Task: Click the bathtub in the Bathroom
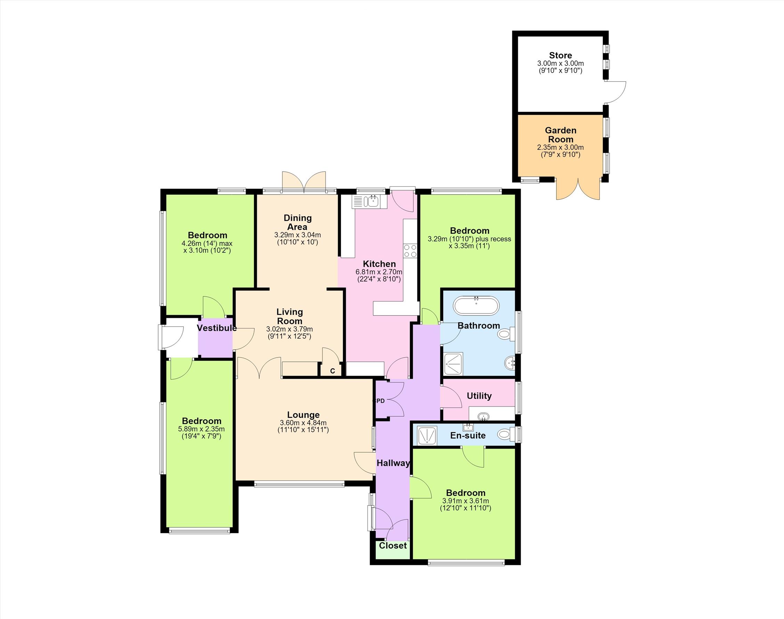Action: click(x=476, y=306)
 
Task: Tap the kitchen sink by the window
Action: click(x=369, y=201)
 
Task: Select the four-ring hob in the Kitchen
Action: click(x=410, y=250)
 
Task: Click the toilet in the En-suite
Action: click(x=506, y=434)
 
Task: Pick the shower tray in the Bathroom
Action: click(x=454, y=364)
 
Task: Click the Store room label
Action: click(x=561, y=56)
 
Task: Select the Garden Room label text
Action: click(x=561, y=135)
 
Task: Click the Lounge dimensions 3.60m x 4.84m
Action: click(x=303, y=423)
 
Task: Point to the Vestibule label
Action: click(x=217, y=328)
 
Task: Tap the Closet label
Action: click(x=393, y=545)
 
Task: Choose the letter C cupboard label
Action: click(x=333, y=371)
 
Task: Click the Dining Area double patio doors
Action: click(x=304, y=180)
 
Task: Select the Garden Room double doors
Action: click(x=578, y=189)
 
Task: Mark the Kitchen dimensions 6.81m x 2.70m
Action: click(x=379, y=272)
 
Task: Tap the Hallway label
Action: click(x=393, y=463)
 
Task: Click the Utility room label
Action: click(x=479, y=396)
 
